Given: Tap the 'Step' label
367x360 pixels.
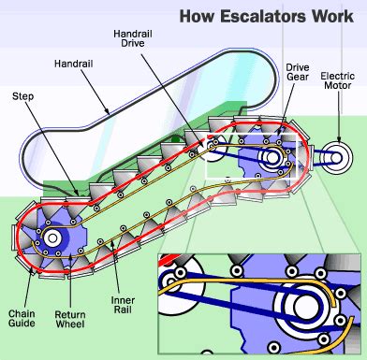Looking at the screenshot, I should pos(24,95).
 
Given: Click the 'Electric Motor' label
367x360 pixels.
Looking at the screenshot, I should pos(338,81).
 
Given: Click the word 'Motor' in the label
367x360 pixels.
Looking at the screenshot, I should pos(338,88).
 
